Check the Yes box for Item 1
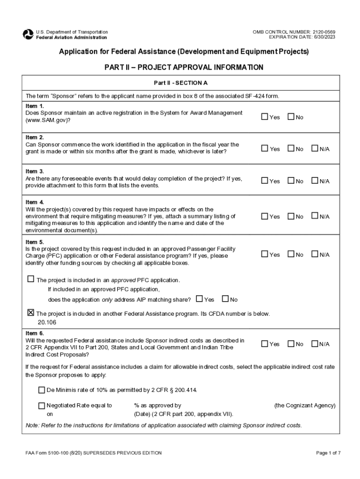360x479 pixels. click(x=265, y=116)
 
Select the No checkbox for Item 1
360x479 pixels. click(x=291, y=116)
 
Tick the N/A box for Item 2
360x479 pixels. click(x=315, y=148)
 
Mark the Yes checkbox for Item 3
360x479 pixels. click(x=265, y=181)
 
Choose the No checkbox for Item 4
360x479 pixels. click(x=291, y=216)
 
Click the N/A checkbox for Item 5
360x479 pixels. click(x=315, y=254)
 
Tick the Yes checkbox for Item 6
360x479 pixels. click(x=265, y=344)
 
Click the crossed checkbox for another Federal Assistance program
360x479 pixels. click(x=31, y=312)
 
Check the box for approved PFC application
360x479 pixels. click(x=31, y=279)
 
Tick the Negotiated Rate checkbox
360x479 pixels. click(x=42, y=406)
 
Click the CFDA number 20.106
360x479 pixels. click(x=47, y=322)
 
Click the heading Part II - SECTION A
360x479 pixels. click(x=180, y=83)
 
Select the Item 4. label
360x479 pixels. click(x=35, y=202)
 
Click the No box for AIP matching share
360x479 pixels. click(x=225, y=298)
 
